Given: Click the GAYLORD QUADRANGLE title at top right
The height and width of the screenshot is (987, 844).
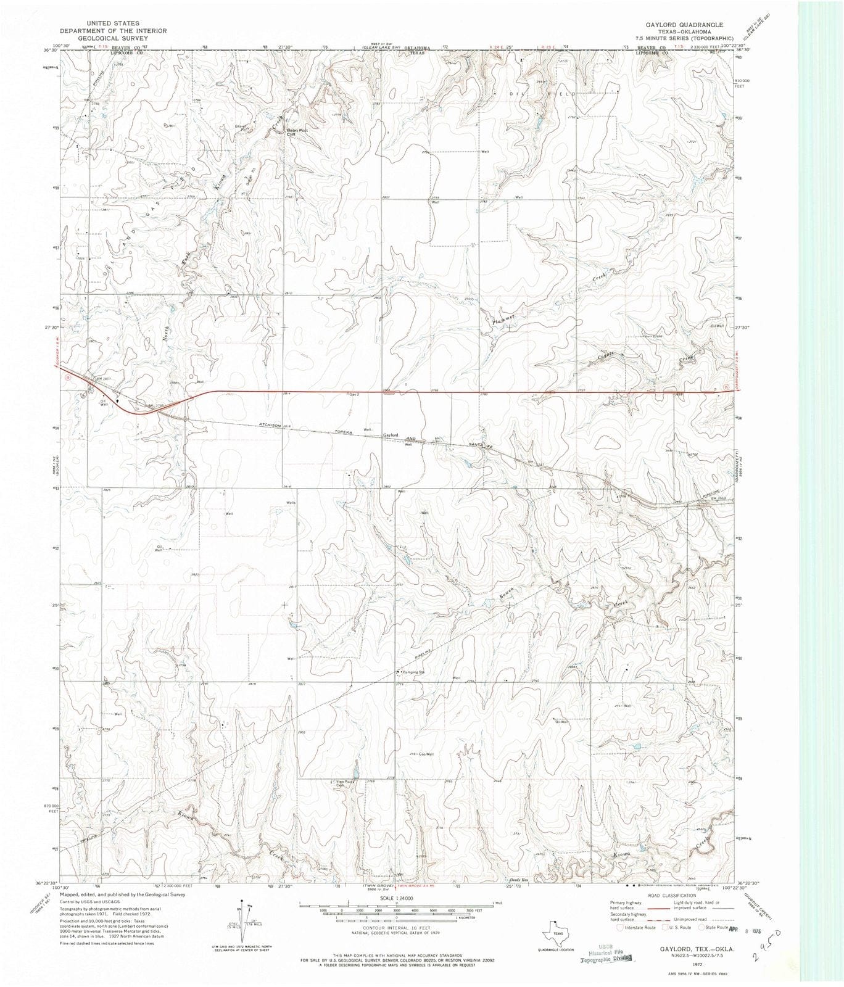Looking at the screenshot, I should click(676, 24).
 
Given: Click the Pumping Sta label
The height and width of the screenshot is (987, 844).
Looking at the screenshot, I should click(414, 672).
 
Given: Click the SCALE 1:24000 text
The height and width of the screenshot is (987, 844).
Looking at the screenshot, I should click(395, 898).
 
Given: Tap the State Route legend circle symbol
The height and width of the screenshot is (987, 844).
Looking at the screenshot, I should click(701, 927).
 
